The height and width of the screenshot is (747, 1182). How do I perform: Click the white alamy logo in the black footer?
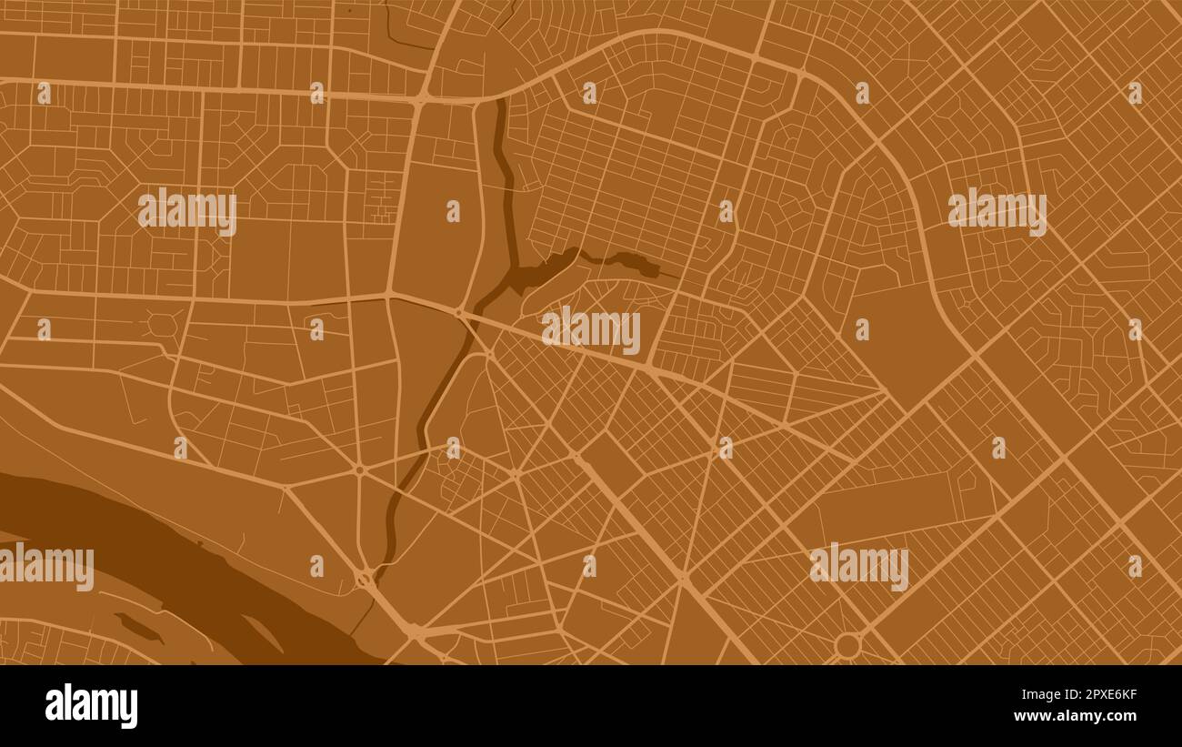point(91,706)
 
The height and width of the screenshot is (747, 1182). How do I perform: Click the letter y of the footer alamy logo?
point(129,709)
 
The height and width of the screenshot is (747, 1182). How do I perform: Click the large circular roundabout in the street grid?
point(847,646)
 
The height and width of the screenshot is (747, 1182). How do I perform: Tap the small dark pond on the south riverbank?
point(138,627)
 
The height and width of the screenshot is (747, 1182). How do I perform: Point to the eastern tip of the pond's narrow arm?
point(656,269)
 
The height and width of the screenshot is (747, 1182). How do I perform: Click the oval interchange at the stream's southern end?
point(365,578)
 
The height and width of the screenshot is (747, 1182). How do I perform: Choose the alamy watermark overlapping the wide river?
point(45,566)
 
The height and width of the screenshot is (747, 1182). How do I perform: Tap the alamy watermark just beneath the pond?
point(591,329)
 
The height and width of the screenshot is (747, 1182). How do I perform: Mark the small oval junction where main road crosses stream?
point(459,313)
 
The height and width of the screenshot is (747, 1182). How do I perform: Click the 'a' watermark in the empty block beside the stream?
point(452,211)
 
